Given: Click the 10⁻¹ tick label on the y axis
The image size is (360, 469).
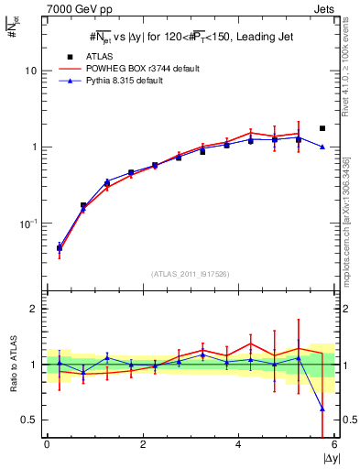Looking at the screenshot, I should coord(29,224).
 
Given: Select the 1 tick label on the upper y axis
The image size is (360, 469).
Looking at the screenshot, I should coord(35,147).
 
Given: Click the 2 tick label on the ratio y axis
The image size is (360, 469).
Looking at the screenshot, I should coord(36,309).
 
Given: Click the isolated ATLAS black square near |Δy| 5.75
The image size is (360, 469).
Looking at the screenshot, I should coord(322,128).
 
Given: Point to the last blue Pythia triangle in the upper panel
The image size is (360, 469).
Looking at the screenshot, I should coord(322,147).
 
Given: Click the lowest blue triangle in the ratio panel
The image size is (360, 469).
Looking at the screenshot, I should coord(322,409).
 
